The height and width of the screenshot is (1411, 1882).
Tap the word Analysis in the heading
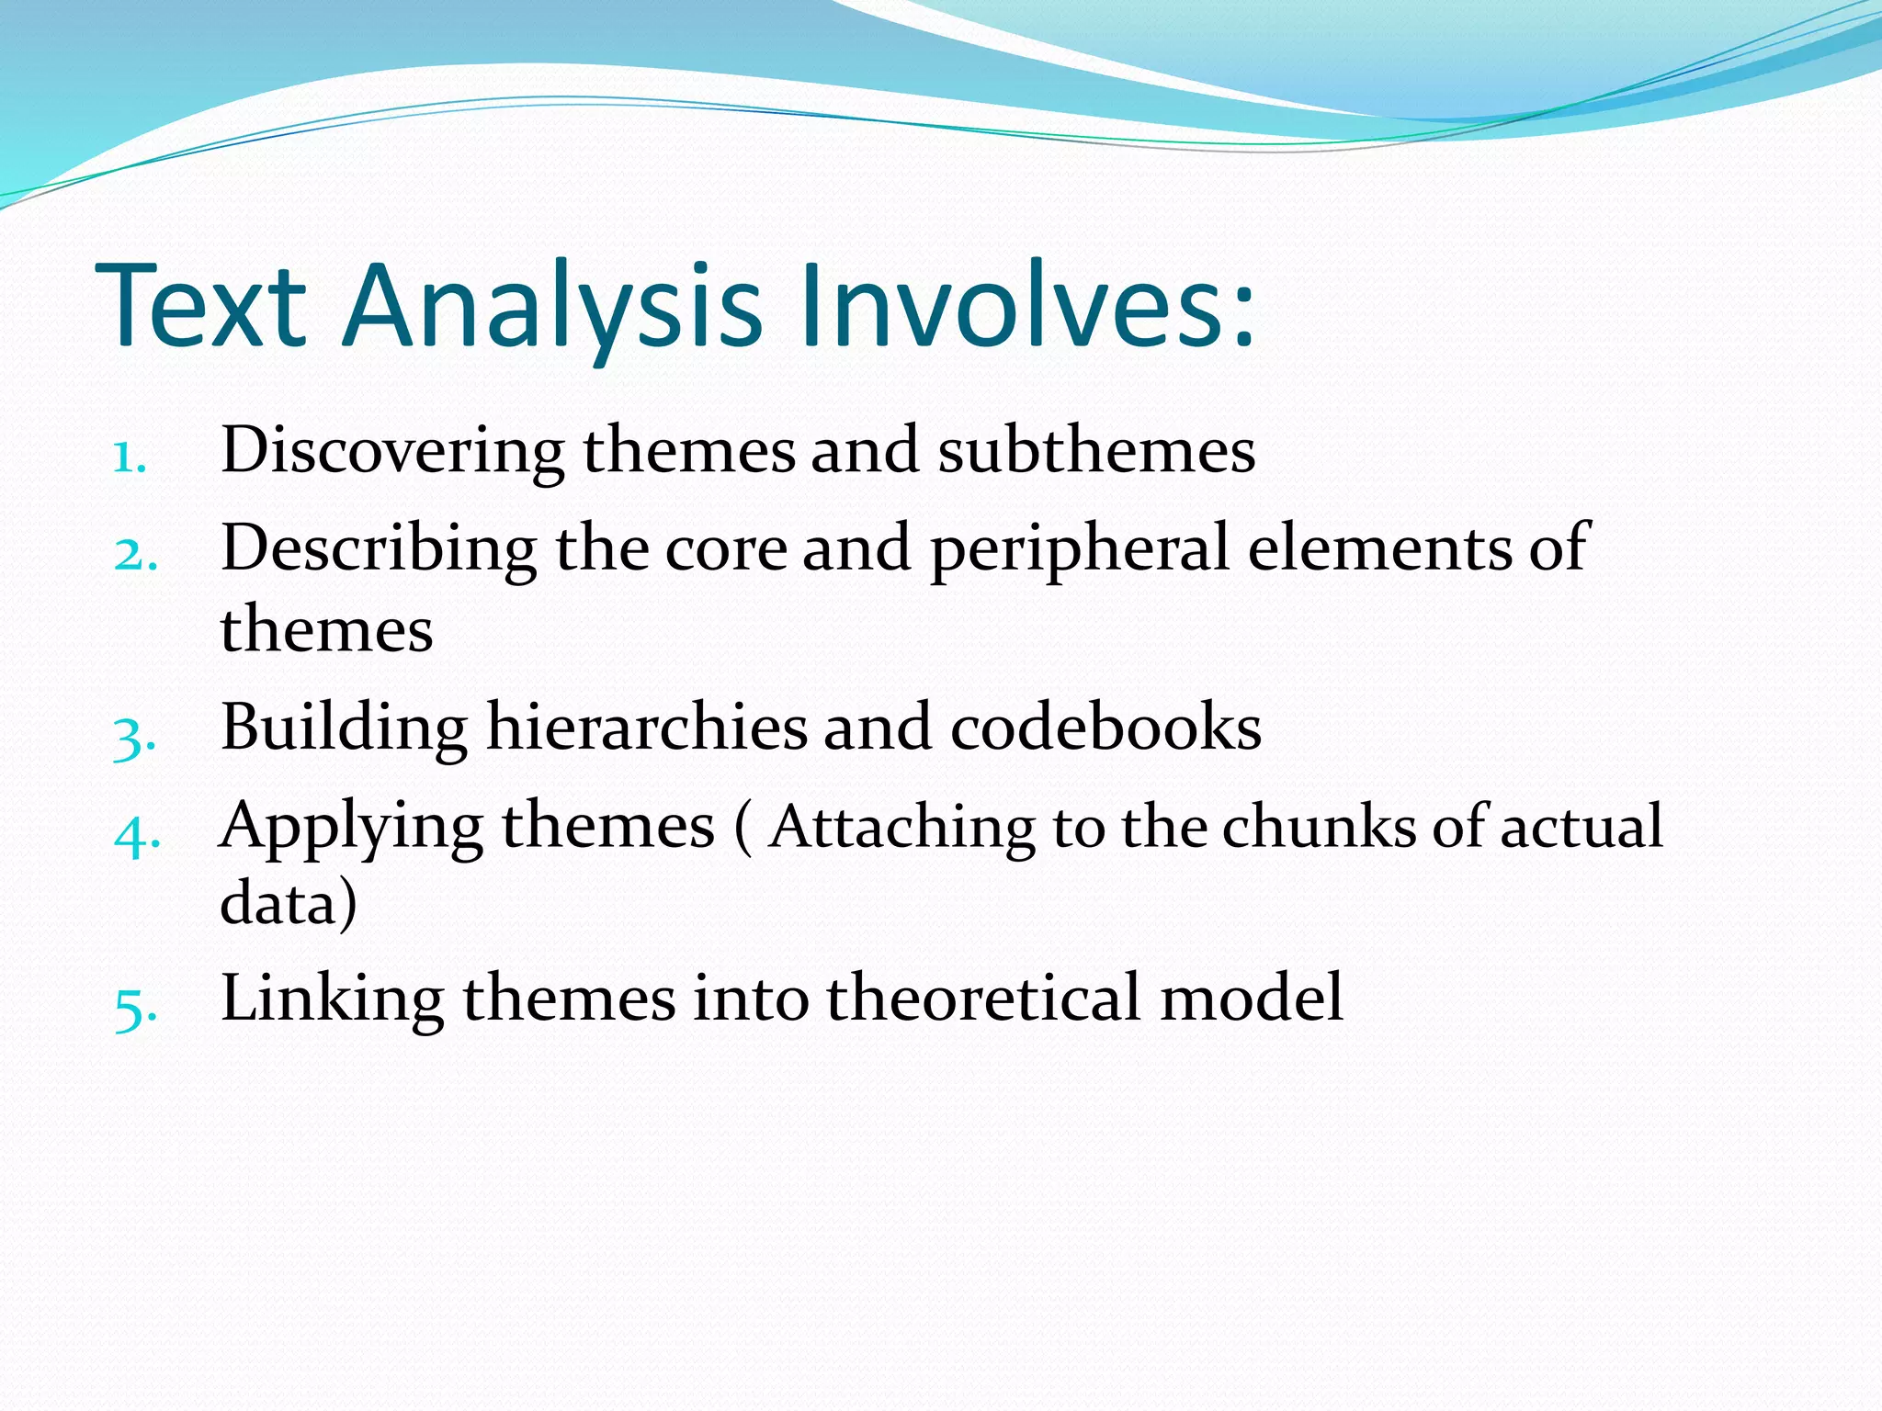pos(551,306)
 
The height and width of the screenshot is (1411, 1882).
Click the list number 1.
pos(130,457)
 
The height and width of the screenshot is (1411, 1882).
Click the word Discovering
pos(392,452)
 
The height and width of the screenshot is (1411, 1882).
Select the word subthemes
pos(1096,452)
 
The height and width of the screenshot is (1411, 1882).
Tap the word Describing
pos(379,549)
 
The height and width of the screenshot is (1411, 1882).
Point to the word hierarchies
pos(646,728)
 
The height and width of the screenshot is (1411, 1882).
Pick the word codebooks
pos(1105,728)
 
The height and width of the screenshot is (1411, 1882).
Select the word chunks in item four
pos(1319,827)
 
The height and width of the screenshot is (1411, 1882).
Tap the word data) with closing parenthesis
pos(289,903)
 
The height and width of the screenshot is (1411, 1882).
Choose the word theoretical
pos(983,999)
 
